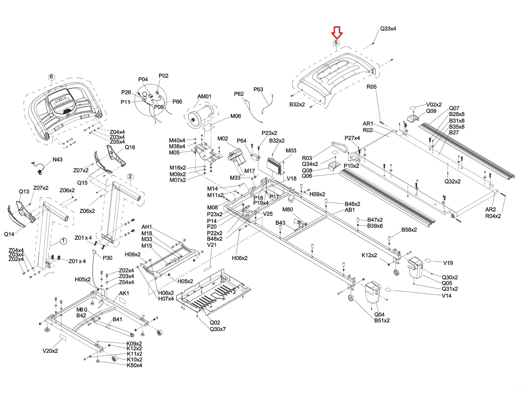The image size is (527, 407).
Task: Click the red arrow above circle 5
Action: coord(337,33)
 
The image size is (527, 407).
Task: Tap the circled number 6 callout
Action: coord(51,77)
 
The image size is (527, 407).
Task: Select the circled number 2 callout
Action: coord(130,177)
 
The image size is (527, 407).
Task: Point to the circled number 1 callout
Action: coord(63,241)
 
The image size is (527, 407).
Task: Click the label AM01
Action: coord(204,96)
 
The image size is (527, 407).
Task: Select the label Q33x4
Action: coord(388,28)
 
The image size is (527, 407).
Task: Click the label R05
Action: coord(371,87)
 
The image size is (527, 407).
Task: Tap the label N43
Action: coord(57,160)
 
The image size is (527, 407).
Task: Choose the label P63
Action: coord(258,89)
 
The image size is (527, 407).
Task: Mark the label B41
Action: coord(117,319)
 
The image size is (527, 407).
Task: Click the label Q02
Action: coord(215,323)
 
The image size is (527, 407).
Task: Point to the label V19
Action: coord(448,263)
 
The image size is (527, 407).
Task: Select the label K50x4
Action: coord(134,365)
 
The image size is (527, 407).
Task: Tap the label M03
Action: coord(291,151)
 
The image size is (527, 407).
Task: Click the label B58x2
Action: coord(409,230)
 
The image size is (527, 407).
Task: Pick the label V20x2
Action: coord(50,351)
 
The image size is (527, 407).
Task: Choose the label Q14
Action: coord(9,234)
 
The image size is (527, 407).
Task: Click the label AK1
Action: coord(124,293)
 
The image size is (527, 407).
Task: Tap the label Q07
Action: coord(454,108)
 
